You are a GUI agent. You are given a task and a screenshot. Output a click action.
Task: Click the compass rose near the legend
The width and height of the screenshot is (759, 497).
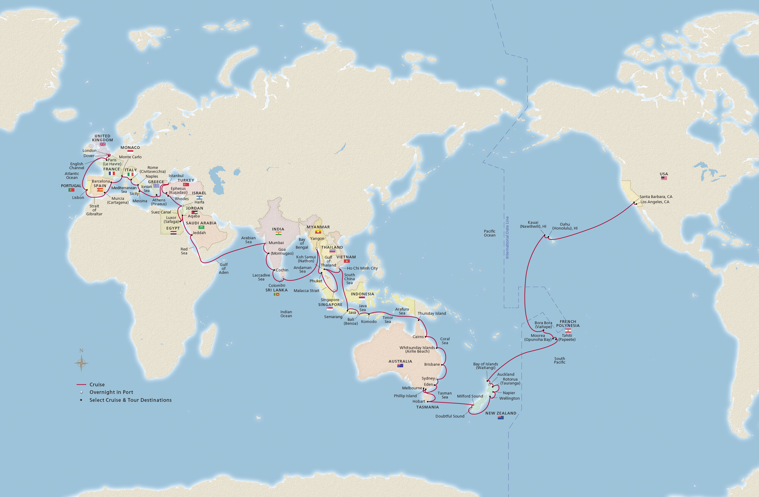[x=81, y=363]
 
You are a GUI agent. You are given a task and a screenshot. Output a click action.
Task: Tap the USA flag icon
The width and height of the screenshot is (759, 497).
[x=664, y=178]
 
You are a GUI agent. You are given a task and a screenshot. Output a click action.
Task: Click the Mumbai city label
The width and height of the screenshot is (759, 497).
[x=276, y=243]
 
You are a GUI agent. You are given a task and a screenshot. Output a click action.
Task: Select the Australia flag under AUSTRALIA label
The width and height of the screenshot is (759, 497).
[x=400, y=366]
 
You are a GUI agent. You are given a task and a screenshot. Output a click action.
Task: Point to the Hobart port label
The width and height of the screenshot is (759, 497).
[x=418, y=401]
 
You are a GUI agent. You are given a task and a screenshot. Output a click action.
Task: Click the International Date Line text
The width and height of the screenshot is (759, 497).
[x=507, y=237]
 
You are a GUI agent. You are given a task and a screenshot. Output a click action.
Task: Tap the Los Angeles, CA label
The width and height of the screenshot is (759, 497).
[x=655, y=202]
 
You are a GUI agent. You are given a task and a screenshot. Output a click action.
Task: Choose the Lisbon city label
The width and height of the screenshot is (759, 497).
[x=78, y=197]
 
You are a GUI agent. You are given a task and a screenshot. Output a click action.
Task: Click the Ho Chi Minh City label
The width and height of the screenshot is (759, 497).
[x=362, y=268]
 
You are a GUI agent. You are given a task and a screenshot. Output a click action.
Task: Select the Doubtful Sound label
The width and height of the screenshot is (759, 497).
[x=450, y=416]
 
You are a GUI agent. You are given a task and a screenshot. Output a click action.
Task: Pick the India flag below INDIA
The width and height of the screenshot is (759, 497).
[x=278, y=233]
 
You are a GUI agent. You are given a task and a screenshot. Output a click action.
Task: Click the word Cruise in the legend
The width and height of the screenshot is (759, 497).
[x=97, y=385]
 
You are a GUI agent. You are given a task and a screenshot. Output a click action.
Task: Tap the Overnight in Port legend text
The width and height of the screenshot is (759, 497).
[x=111, y=392]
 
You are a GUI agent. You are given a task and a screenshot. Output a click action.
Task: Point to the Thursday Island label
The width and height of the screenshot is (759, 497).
[x=431, y=314]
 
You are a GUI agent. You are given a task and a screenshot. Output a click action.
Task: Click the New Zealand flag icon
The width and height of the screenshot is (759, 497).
[x=500, y=418]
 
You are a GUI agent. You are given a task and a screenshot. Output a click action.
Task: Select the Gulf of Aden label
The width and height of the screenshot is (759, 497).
[x=223, y=268]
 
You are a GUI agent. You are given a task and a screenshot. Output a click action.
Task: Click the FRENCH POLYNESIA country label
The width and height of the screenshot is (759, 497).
[x=568, y=323]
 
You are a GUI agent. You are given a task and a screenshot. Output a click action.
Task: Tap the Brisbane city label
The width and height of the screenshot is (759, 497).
[x=432, y=364]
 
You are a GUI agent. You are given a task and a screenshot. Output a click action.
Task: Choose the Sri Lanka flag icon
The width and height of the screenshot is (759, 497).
[x=277, y=294]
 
